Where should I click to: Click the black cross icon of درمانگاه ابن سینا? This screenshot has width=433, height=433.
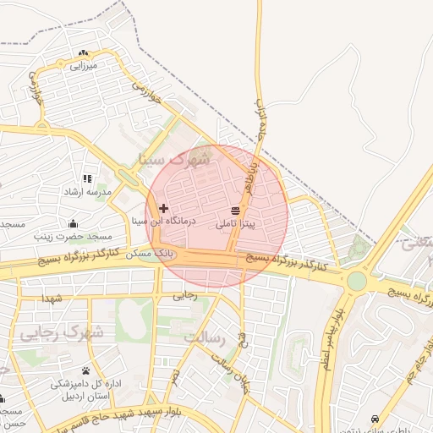163,208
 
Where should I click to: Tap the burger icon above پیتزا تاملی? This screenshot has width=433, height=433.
234,211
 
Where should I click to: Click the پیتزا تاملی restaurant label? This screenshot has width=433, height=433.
241,224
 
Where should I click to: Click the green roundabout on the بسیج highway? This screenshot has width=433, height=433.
357,281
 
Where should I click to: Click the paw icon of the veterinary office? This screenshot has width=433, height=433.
86,371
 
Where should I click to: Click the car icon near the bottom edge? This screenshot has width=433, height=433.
375,419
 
